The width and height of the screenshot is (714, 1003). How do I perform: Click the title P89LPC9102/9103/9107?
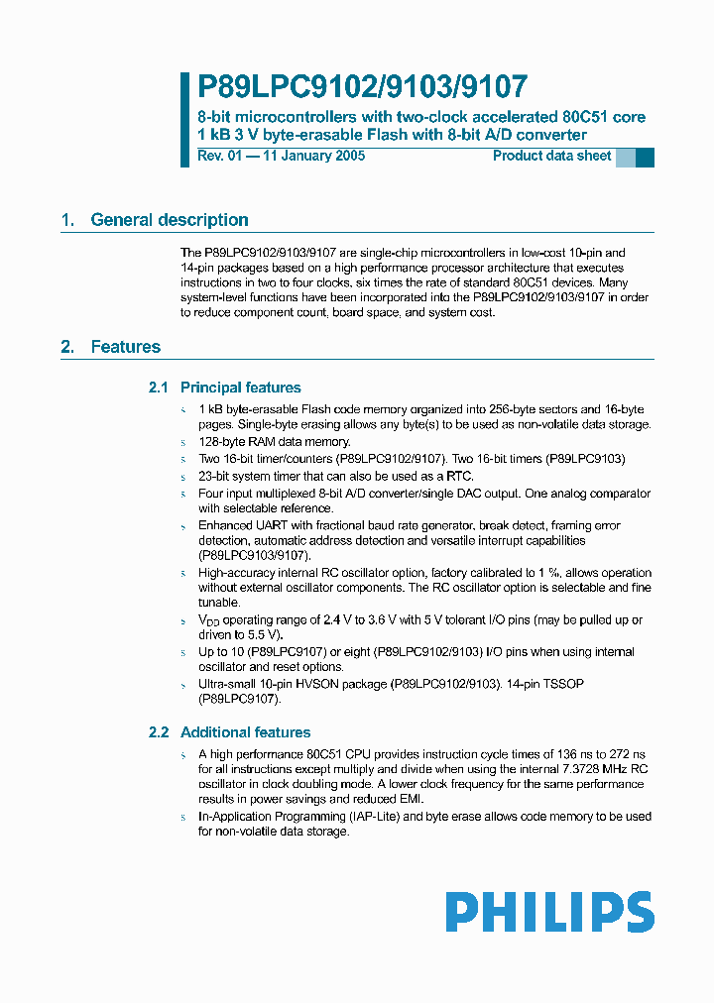(363, 87)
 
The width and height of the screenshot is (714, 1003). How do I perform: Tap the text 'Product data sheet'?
(552, 157)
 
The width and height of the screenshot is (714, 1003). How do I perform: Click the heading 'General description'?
(170, 220)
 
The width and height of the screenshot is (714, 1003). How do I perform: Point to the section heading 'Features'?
(125, 347)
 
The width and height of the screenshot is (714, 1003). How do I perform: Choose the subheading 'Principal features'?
(240, 388)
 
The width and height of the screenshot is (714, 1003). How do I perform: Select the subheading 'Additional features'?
(245, 732)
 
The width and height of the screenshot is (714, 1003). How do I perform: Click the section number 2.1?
(159, 388)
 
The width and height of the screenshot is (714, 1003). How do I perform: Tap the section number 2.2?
(159, 732)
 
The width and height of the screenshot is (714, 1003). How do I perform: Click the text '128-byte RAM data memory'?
(274, 442)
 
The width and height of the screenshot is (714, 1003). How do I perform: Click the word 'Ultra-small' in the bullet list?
(228, 685)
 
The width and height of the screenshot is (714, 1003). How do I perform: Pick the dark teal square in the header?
(645, 157)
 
